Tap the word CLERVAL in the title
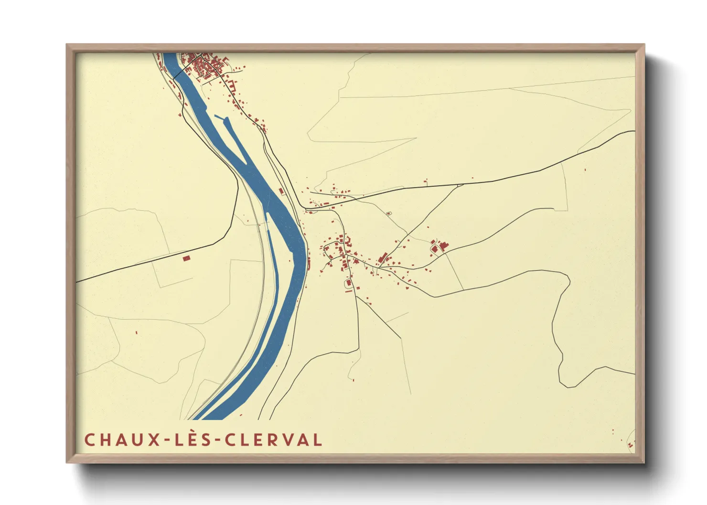[274, 440]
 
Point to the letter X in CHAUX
[154, 440]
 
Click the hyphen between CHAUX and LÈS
[168, 440]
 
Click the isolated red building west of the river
[186, 258]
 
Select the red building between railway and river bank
[281, 191]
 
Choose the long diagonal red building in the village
[382, 258]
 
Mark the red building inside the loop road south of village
[349, 283]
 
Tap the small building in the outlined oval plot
[388, 213]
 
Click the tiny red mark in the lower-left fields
[136, 332]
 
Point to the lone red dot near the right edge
[585, 169]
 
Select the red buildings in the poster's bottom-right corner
[630, 444]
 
